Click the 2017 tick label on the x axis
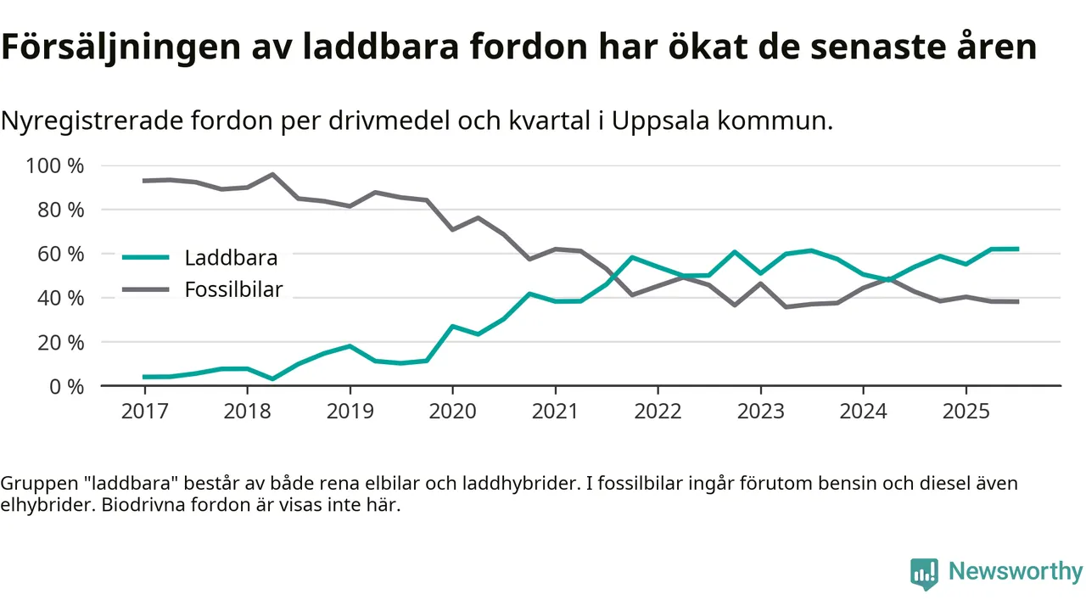(x=144, y=411)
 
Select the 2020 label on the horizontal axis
(x=452, y=411)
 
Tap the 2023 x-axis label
(x=760, y=411)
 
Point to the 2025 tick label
(x=966, y=411)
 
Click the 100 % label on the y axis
(x=56, y=165)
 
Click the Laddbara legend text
(x=231, y=257)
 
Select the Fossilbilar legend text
(x=233, y=290)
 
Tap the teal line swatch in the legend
(x=148, y=257)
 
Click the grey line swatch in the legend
(x=148, y=290)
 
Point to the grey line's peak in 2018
(x=272, y=175)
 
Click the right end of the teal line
(x=1017, y=249)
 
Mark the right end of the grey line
(x=1017, y=301)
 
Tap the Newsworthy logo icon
(x=924, y=574)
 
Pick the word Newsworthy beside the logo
(x=1016, y=572)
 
